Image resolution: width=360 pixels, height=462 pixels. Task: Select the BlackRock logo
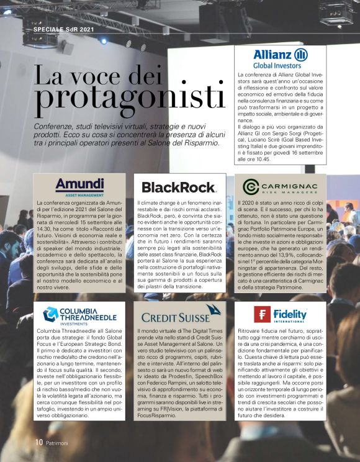click(179, 187)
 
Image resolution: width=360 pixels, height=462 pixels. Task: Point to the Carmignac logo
click(280, 187)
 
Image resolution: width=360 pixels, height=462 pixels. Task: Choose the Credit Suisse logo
click(179, 315)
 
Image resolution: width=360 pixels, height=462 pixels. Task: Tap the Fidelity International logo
click(280, 315)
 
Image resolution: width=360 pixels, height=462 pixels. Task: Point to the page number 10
click(38, 443)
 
